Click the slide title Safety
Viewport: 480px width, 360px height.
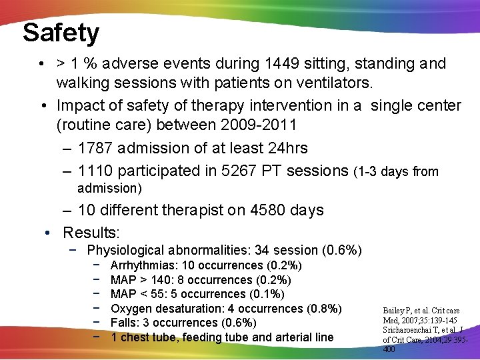pos(61,32)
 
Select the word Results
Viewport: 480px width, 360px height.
pos(90,232)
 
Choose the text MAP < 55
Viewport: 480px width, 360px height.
pos(133,294)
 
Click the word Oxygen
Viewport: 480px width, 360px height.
pos(130,309)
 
